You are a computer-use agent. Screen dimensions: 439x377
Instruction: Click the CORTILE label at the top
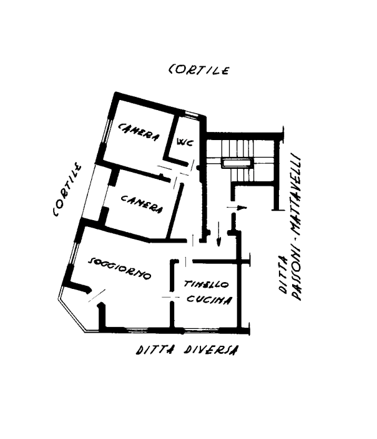(x=199, y=69)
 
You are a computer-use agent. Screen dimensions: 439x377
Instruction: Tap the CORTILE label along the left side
(x=67, y=191)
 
